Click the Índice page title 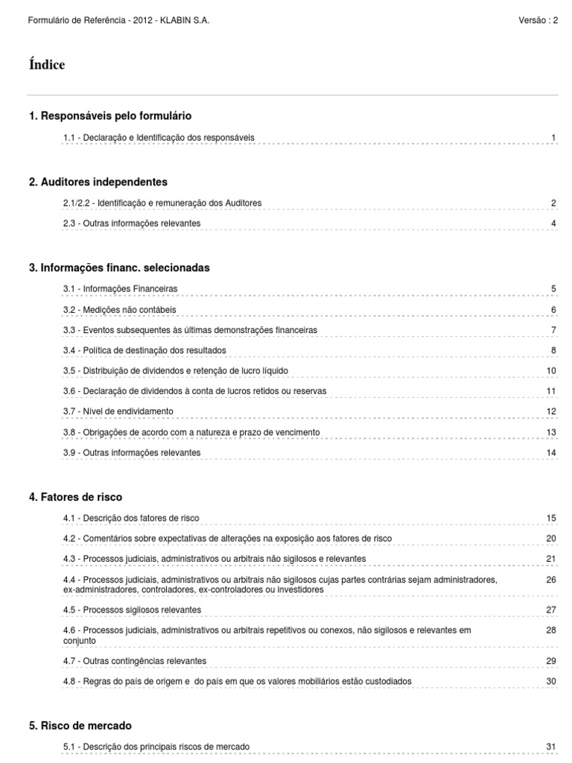[x=46, y=65]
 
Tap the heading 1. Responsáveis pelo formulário [x=109, y=115]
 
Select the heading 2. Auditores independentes [x=98, y=182]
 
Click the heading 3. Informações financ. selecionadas [x=119, y=267]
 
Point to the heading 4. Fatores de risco [x=75, y=496]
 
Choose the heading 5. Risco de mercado [x=80, y=725]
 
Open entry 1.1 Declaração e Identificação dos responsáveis [x=159, y=138]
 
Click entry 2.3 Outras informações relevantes [x=132, y=224]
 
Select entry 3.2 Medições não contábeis [x=120, y=309]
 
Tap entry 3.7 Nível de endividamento [x=118, y=411]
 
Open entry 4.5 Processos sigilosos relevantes [x=132, y=610]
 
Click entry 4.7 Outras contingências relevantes [x=135, y=661]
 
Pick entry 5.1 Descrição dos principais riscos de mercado [x=156, y=747]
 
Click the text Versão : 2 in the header [x=538, y=20]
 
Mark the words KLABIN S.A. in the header [x=186, y=20]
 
